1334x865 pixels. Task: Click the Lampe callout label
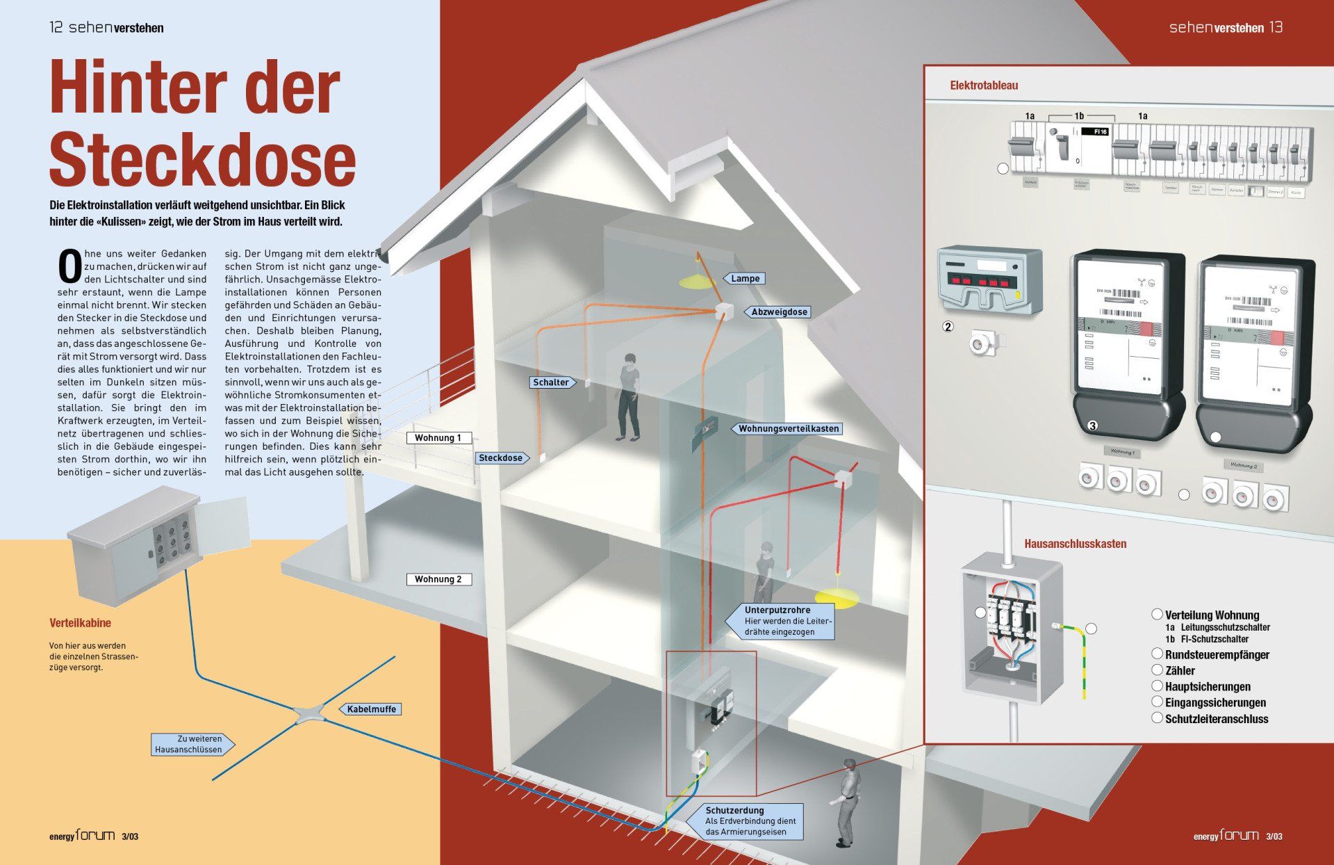coord(745,278)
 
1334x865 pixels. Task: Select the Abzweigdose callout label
coord(778,312)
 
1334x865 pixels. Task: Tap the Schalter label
coord(551,382)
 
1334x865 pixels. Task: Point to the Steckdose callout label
coord(501,458)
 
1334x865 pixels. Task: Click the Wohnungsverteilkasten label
coord(788,428)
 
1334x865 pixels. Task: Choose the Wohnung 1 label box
coord(438,438)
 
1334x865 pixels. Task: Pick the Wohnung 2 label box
coord(438,579)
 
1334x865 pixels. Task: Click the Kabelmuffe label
coord(371,709)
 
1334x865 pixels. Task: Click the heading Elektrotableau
coord(984,86)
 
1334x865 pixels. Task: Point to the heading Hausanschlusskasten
coord(1075,544)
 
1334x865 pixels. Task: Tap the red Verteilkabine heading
coord(80,623)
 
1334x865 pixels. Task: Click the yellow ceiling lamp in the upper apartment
coord(696,282)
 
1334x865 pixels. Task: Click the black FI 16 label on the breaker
coord(1100,131)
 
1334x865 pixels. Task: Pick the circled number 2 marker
coord(948,327)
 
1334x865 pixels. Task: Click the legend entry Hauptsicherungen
coord(1208,687)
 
